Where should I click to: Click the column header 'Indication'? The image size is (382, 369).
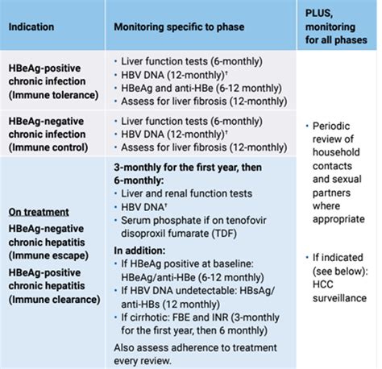[x=31, y=27]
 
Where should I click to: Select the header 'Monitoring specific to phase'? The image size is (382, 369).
[x=179, y=27]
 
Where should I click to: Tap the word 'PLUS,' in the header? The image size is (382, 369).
[x=319, y=14]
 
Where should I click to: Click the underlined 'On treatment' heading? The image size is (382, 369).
[x=39, y=212]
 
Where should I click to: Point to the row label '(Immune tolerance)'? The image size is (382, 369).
[x=53, y=95]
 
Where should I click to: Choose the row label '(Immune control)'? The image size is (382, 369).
[x=48, y=147]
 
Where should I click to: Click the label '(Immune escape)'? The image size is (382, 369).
[x=48, y=255]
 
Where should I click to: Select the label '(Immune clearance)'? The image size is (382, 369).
[x=54, y=300]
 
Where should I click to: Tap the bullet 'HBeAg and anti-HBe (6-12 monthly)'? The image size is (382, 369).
[x=201, y=88]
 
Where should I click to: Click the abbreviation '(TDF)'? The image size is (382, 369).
[x=224, y=234]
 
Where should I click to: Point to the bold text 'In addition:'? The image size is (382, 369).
[x=139, y=251]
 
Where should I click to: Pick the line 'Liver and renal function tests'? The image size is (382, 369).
[x=186, y=193]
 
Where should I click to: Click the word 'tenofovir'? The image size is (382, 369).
[x=246, y=220]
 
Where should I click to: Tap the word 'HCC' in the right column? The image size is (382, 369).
[x=323, y=284]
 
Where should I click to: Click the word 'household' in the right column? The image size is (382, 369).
[x=336, y=152]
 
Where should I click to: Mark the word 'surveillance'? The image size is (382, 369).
[x=339, y=298]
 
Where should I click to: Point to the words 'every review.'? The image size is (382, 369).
[x=143, y=361]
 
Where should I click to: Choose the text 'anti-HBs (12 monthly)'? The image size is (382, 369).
[x=170, y=305]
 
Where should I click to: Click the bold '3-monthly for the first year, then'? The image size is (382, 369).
[x=188, y=168]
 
